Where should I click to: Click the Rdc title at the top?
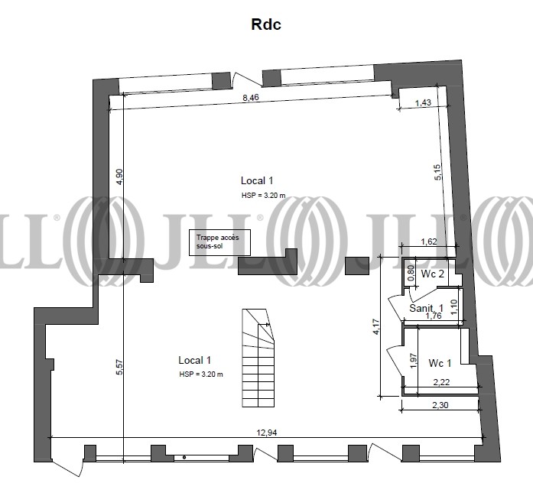266,24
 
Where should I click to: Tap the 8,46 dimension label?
251,98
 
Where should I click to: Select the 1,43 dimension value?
423,102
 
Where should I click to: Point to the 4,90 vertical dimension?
119,177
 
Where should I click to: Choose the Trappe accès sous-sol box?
219,242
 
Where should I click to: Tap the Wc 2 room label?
432,274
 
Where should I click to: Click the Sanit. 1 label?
426,308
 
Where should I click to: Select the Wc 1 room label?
440,363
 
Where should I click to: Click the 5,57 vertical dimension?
119,367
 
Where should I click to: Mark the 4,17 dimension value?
376,327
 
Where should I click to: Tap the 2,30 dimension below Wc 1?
440,405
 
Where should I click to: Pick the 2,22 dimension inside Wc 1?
441,382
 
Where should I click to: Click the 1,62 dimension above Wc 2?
429,241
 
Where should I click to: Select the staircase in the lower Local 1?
258,358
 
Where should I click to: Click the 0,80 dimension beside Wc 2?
411,272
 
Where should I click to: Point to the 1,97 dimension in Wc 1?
414,361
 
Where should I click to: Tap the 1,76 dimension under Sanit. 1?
434,316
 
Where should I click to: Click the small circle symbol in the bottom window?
184,458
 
